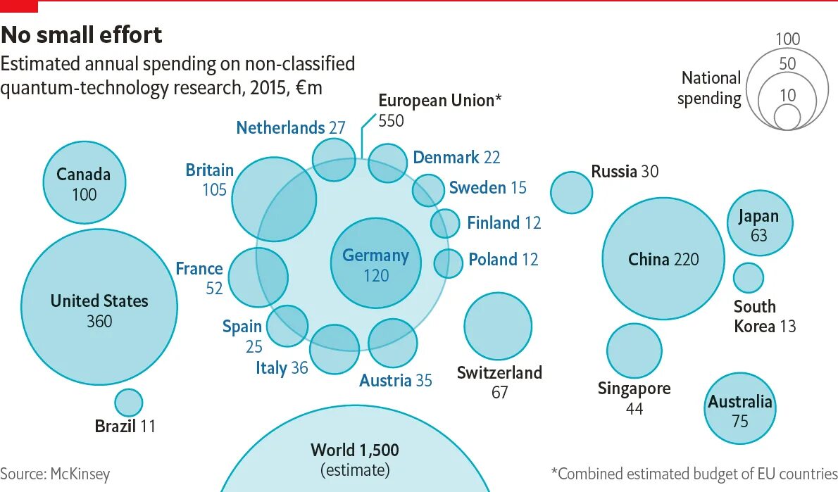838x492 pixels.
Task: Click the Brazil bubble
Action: coord(128,403)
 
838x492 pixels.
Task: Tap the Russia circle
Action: coord(571,192)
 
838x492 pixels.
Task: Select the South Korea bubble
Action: coord(748,277)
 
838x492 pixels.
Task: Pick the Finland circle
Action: coord(444,223)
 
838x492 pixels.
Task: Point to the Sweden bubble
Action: coord(428,189)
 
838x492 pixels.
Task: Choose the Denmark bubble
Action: coord(387,163)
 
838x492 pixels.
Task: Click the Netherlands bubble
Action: coord(334,160)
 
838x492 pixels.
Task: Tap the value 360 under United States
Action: coord(99,322)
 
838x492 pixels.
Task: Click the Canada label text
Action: coord(84,174)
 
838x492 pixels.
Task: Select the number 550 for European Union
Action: coord(392,120)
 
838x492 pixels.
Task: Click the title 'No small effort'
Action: coord(82,34)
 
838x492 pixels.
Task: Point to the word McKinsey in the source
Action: coord(80,474)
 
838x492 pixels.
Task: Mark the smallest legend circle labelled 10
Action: coord(787,117)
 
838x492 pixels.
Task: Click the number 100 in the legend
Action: coord(787,39)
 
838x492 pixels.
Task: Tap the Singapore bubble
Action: coord(634,351)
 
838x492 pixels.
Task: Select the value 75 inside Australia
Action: coord(739,422)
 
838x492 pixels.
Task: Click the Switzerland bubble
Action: coord(497,327)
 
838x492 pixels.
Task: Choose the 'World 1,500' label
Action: coord(355,450)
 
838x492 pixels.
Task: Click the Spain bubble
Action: coord(287,326)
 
